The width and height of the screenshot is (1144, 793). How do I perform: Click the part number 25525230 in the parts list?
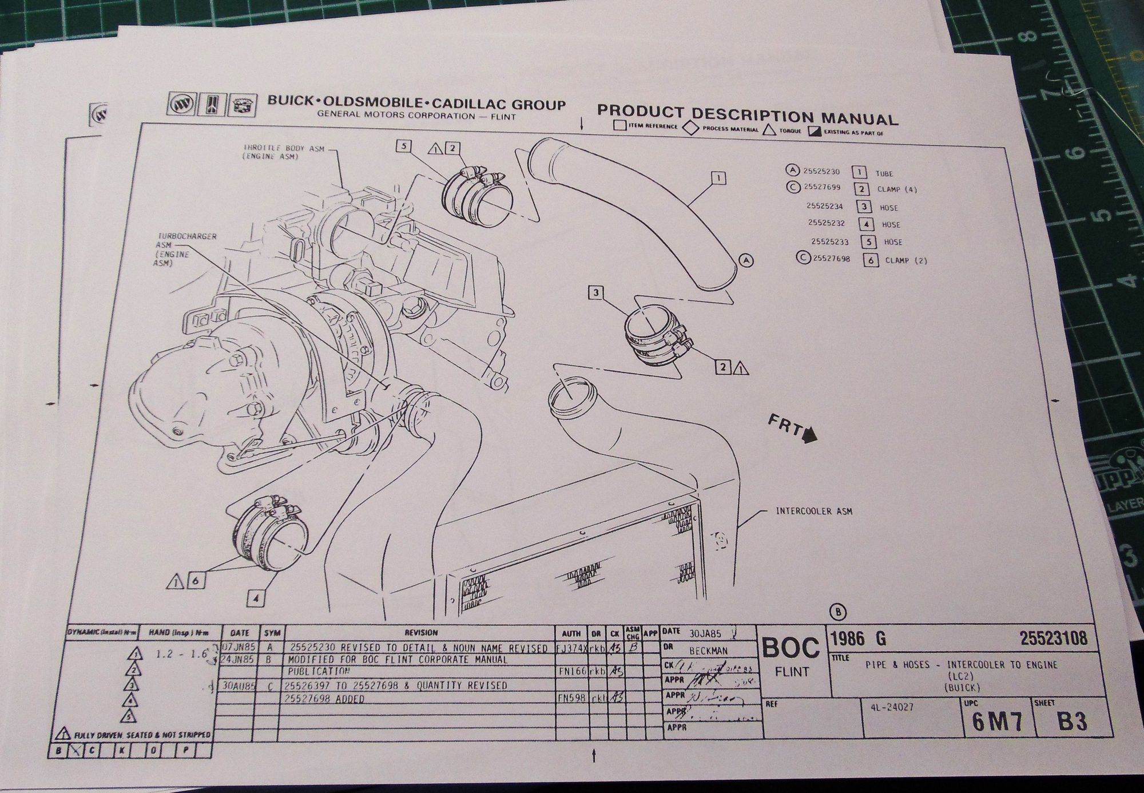point(821,171)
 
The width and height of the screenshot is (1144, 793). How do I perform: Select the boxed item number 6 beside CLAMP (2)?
point(871,260)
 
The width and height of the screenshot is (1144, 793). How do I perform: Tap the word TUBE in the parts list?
point(884,173)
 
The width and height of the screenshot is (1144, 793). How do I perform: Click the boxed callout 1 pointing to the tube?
point(718,178)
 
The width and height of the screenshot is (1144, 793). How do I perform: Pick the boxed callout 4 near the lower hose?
point(256,598)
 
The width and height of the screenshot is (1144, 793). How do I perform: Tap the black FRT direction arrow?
point(809,438)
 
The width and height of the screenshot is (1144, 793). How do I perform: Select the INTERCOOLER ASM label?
point(813,511)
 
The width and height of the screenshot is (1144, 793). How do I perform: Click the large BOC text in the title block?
point(791,648)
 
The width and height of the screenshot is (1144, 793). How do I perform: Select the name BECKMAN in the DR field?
point(708,651)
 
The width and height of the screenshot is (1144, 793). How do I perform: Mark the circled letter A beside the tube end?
point(745,261)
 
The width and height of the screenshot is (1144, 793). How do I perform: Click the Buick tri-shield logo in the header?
point(180,105)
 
